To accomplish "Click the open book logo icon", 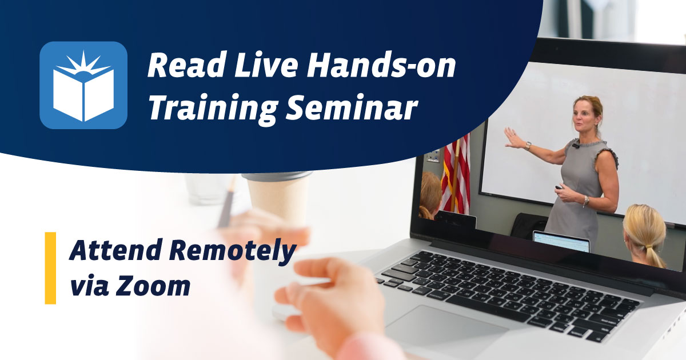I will click(x=83, y=85).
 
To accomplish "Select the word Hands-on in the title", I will click(x=381, y=67).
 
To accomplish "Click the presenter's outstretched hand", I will click(x=512, y=138).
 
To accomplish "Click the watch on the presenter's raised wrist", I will click(x=528, y=146).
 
